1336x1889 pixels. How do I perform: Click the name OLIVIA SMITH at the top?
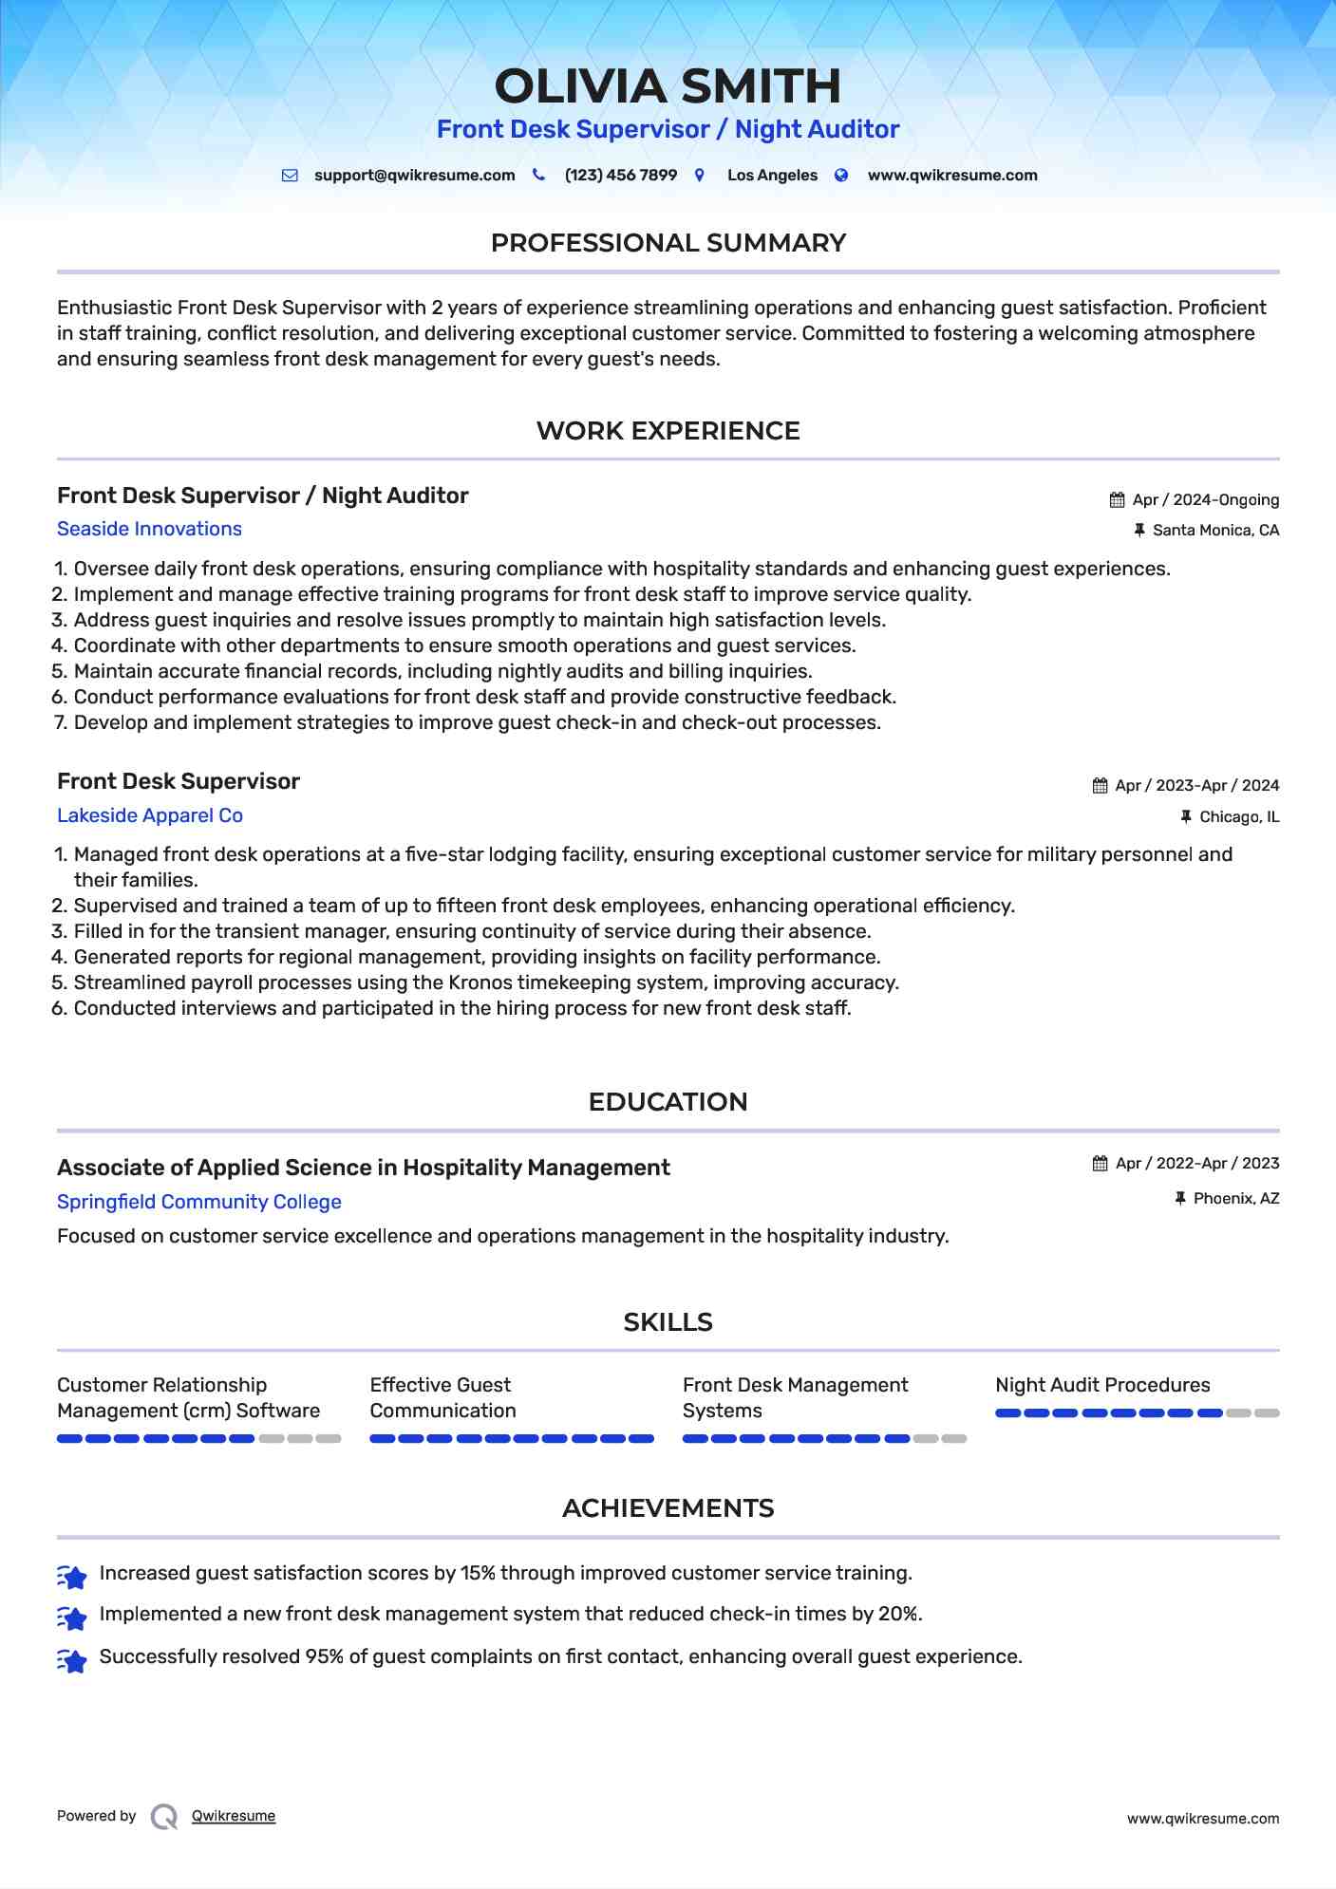(668, 86)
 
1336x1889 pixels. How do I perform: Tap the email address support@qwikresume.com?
(414, 176)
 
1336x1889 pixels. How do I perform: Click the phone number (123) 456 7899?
(620, 176)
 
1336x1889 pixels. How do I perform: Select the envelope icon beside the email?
(290, 176)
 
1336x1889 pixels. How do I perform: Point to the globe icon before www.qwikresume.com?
(841, 176)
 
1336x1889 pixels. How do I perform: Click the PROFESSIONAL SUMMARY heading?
(668, 243)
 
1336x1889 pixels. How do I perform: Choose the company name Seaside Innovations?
(149, 529)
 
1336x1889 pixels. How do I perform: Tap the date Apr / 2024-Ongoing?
(1205, 500)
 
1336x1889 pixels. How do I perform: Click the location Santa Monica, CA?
(1215, 531)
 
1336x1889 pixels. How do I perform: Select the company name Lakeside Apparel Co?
(150, 815)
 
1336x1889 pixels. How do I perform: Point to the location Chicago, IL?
(1239, 817)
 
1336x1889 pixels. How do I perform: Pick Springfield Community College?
(199, 1202)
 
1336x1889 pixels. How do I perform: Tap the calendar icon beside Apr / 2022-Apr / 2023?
(1101, 1164)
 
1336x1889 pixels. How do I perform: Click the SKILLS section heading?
(668, 1322)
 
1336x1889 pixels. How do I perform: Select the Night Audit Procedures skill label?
(1102, 1385)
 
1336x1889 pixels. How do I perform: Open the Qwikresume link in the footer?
(234, 1816)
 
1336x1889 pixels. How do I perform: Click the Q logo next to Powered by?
(164, 1817)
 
